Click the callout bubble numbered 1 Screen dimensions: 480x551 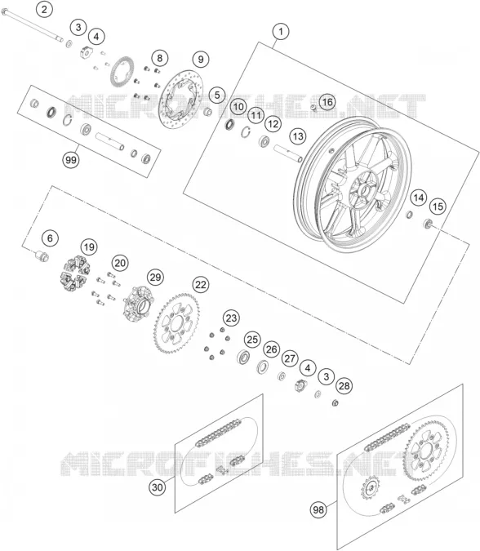[281, 32]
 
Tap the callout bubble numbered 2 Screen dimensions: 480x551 [44, 9]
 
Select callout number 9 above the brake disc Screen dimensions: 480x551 [201, 59]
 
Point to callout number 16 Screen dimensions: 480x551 [327, 102]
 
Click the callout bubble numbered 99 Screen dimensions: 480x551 [71, 160]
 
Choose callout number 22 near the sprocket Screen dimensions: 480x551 [201, 285]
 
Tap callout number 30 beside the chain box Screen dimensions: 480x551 [158, 487]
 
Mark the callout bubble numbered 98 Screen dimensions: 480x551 [318, 509]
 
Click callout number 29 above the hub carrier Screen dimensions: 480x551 [155, 278]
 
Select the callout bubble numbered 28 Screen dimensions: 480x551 [344, 386]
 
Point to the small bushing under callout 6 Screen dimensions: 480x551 [42, 256]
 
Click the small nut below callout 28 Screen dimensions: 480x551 [336, 402]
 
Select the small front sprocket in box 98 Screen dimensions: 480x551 [369, 488]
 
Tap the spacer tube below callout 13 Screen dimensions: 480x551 [288, 153]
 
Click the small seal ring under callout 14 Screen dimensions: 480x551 [410, 214]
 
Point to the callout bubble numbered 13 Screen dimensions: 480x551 [298, 136]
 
